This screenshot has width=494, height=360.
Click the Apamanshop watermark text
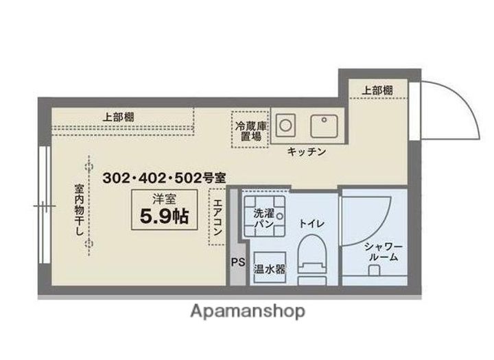[x=248, y=311]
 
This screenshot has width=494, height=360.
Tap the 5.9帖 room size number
[x=164, y=216]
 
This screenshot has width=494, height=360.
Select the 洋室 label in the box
[x=164, y=199]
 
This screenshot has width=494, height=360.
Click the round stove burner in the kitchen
[x=285, y=125]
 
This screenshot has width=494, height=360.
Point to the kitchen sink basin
[x=324, y=126]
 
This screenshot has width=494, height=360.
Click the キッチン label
[x=307, y=152]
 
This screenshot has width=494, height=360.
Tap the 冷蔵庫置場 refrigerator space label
[x=251, y=131]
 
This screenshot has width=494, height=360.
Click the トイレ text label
[x=311, y=224]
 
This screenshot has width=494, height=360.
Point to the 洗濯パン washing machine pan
[x=264, y=216]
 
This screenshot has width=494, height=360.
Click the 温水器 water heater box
[x=270, y=269]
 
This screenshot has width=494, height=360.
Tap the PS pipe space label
[x=238, y=262]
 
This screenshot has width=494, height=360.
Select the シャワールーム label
[x=384, y=252]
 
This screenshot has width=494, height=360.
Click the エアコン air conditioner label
[x=217, y=217]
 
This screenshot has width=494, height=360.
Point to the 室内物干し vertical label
[x=79, y=210]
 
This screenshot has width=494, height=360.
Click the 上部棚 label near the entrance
[x=377, y=91]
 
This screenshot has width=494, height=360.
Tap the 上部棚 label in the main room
[x=119, y=117]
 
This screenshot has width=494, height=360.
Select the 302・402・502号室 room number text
[x=164, y=178]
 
